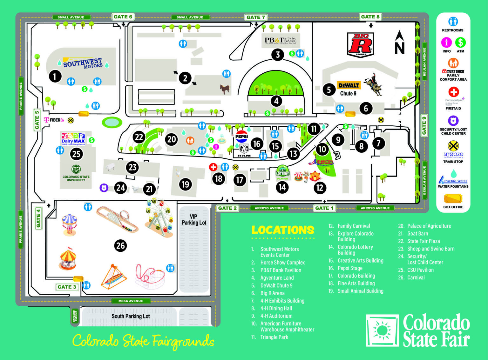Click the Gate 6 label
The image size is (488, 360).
coord(123,17)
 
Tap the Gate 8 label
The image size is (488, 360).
coord(370,17)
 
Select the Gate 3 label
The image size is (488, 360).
coord(67,287)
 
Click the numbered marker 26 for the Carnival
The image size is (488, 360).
coord(120,245)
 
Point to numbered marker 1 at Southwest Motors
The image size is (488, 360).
coord(55,76)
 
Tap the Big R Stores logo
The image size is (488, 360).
coord(361,45)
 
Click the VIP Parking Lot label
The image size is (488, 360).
coord(194,219)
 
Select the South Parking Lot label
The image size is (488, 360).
coord(131,316)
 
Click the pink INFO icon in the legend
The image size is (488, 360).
coord(446,42)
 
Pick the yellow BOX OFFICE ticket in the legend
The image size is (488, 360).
coord(453,198)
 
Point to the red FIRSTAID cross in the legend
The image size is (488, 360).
coord(453,92)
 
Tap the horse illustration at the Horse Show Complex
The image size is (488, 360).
coord(225,89)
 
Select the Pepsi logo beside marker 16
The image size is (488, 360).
coord(241,137)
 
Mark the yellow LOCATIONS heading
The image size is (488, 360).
coord(283,230)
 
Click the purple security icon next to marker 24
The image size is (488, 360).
coord(104,188)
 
